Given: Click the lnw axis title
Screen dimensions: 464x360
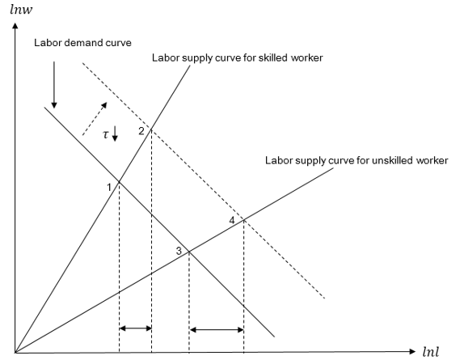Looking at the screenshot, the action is pyautogui.click(x=21, y=9).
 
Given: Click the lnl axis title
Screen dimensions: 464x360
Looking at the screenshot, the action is pyautogui.click(x=431, y=352).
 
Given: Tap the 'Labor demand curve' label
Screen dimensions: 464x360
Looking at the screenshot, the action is pyautogui.click(x=82, y=43).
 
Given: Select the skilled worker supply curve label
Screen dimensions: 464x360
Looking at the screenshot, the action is pyautogui.click(x=238, y=57).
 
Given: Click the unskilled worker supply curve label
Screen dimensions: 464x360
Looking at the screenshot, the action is pyautogui.click(x=356, y=160).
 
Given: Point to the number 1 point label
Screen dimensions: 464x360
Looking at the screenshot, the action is pyautogui.click(x=109, y=188).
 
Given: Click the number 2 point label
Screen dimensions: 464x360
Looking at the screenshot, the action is pyautogui.click(x=141, y=131).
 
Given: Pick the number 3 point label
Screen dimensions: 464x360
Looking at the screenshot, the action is pyautogui.click(x=179, y=251).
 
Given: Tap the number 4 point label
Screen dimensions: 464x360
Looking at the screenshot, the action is pyautogui.click(x=232, y=220).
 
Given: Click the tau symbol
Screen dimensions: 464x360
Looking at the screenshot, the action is pyautogui.click(x=106, y=135).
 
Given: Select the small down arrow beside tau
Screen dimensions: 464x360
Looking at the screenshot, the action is pyautogui.click(x=115, y=133).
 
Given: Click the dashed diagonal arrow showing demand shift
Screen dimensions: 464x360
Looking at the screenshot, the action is pyautogui.click(x=95, y=119).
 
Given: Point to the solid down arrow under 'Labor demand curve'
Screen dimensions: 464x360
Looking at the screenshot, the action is pyautogui.click(x=54, y=85).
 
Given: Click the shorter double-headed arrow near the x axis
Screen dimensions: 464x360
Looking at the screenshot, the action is pyautogui.click(x=135, y=328).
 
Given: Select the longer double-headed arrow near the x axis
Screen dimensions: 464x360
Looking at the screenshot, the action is pyautogui.click(x=217, y=329).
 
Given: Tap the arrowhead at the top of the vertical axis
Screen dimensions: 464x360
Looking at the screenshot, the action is pyautogui.click(x=15, y=25).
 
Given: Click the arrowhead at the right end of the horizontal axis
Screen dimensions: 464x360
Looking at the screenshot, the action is pyautogui.click(x=412, y=351).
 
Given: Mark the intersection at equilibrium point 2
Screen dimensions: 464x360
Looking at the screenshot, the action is pyautogui.click(x=151, y=129).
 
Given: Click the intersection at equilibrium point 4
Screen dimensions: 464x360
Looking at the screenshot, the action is pyautogui.click(x=243, y=219).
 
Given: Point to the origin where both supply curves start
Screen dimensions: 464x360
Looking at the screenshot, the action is pyautogui.click(x=15, y=352).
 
